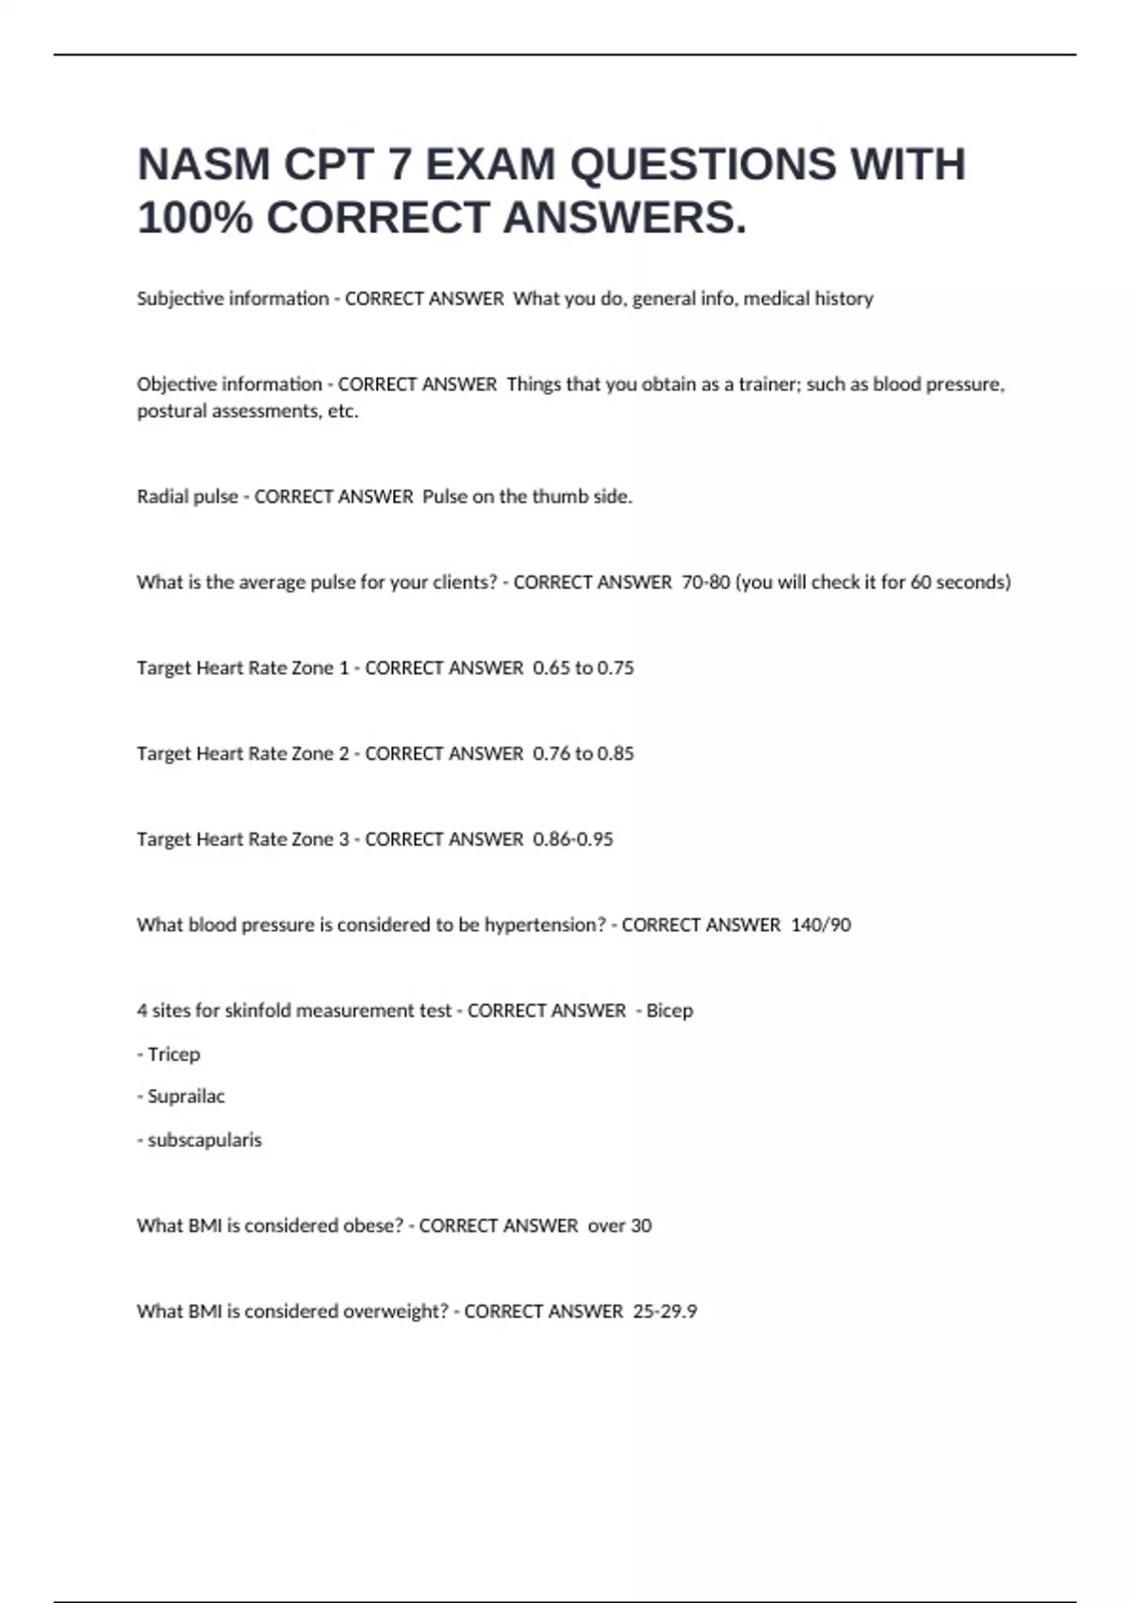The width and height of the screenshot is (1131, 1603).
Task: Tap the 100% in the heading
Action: (x=195, y=219)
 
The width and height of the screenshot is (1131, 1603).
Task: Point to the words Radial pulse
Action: (x=188, y=497)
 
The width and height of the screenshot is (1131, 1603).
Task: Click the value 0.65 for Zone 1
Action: (x=551, y=669)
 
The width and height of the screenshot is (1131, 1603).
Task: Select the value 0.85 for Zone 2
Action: (x=615, y=754)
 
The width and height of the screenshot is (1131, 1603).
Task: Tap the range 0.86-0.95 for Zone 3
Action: (x=573, y=840)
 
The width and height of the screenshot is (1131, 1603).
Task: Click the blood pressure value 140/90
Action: (x=821, y=926)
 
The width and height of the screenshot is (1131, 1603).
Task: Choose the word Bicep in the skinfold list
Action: (x=669, y=1011)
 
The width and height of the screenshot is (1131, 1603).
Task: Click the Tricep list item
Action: (x=173, y=1054)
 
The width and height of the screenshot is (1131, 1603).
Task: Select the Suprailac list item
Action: (x=186, y=1097)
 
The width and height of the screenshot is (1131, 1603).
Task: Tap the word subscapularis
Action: (x=205, y=1140)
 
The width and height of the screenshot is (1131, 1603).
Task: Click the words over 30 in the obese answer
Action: (x=619, y=1226)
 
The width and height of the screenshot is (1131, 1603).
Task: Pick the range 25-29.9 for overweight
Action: (x=664, y=1312)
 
